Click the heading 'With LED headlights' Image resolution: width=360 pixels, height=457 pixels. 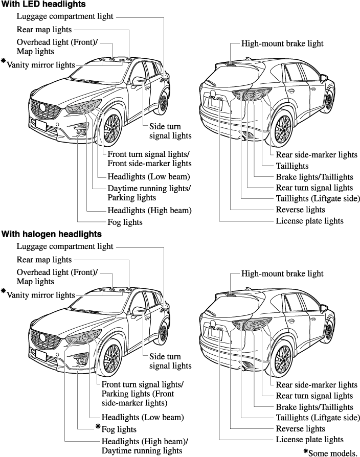pos(43,4)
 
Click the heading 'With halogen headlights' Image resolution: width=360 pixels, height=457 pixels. pos(51,234)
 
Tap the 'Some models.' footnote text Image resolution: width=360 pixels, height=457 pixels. pos(330,452)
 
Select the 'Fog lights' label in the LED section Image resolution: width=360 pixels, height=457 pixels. pos(125,222)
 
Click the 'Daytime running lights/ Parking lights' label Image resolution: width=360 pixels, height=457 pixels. pos(149,193)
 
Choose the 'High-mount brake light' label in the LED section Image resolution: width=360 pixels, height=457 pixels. pos(282,43)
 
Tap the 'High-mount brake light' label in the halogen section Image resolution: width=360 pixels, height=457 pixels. pos(282,273)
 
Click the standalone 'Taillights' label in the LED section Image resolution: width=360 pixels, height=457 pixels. pos(292,166)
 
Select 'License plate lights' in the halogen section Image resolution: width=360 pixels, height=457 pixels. pos(309,439)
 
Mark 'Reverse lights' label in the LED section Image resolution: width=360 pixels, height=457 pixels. pos(300,210)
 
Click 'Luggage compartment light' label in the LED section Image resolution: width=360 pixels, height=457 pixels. pos(65,17)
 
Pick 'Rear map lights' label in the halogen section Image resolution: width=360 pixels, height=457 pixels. pos(44,260)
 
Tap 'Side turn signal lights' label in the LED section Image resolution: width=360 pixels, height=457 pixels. pos(170,131)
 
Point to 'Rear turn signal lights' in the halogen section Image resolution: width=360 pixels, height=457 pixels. pos(314,396)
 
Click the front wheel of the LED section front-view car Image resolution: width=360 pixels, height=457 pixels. pos(111,128)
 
